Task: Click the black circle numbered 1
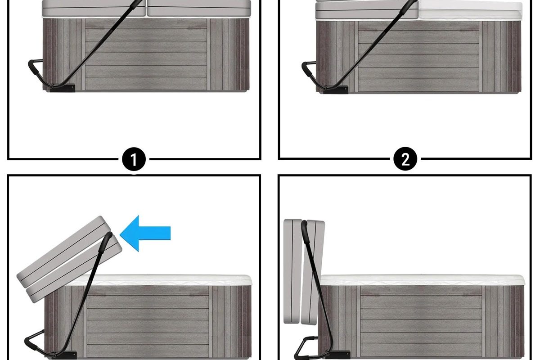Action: point(134,159)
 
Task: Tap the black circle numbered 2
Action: point(405,159)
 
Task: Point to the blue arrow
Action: point(145,233)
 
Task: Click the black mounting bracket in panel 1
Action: point(63,88)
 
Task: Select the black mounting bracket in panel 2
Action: point(336,90)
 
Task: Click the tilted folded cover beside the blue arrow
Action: point(69,259)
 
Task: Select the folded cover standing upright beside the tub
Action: point(304,272)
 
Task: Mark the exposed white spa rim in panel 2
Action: point(470,11)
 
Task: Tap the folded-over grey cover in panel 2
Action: point(366,9)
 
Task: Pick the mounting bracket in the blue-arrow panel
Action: point(64,355)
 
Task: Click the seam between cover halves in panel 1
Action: point(146,9)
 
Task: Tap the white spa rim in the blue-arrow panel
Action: point(159,280)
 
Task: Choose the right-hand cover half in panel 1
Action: point(199,9)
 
